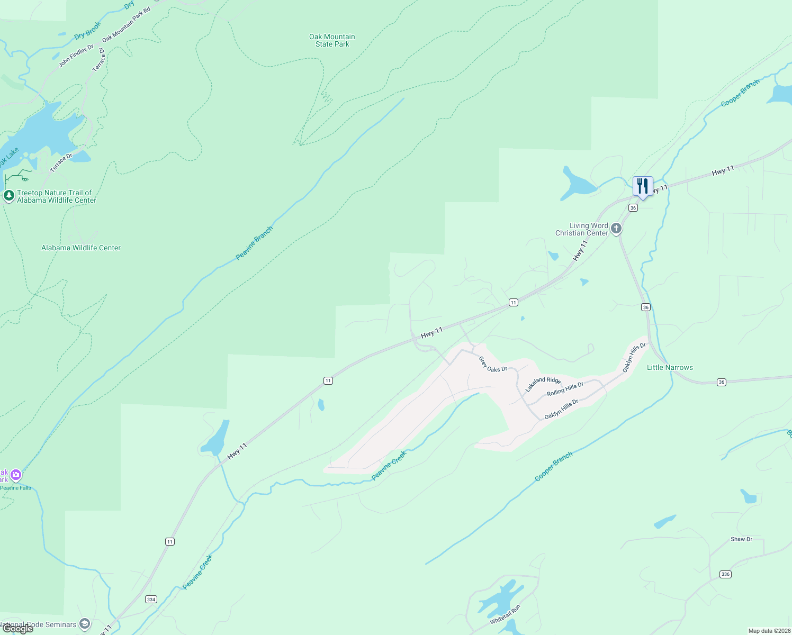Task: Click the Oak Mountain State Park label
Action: coord(332,40)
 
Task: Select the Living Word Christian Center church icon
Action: coord(616,229)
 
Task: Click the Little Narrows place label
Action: coord(670,367)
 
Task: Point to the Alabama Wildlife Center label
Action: coord(81,248)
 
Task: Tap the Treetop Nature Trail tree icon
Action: coord(8,196)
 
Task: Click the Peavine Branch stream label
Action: coord(254,243)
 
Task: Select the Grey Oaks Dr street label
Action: coord(493,365)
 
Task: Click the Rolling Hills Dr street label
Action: coord(565,389)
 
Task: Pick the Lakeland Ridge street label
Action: coord(543,384)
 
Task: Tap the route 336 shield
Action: coord(725,574)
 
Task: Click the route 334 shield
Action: coord(151,599)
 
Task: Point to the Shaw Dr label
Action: coord(741,539)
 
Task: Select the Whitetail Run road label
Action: coord(505,615)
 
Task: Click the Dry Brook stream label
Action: coord(87,31)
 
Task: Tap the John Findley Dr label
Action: coord(76,56)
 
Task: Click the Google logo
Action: coord(18,629)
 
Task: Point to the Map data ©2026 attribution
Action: coord(769,631)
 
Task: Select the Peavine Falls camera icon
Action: coord(16,475)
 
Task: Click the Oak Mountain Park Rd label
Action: coord(126,24)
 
